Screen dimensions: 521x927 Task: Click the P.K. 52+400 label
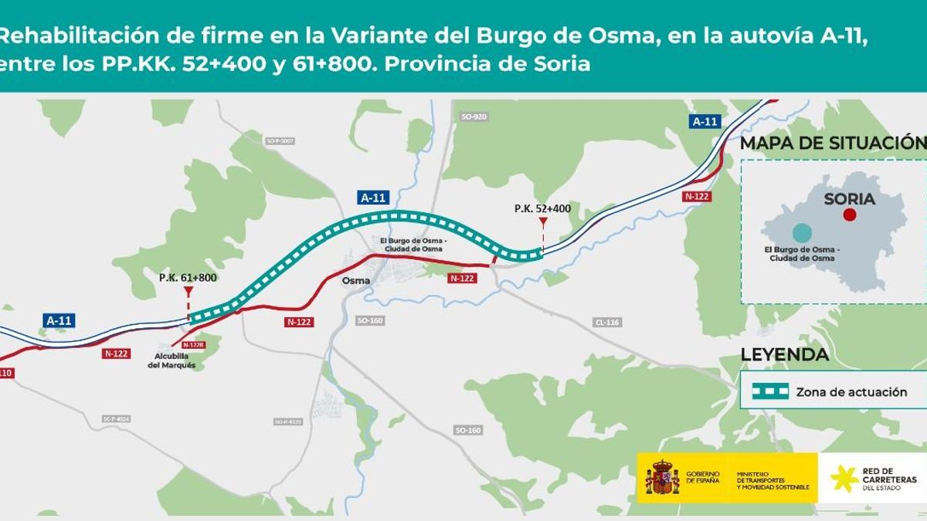542,208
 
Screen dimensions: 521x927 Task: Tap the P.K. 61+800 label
188,278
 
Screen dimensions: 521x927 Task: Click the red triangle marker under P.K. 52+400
543,222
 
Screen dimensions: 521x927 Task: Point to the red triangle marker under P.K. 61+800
188,292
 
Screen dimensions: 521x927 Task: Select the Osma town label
355,281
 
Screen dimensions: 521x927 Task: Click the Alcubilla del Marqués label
171,360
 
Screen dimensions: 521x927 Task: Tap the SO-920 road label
474,117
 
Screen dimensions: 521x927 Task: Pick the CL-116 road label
607,322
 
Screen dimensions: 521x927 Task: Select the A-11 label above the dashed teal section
373,198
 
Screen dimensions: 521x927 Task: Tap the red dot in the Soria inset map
850,215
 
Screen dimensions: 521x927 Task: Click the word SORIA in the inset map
849,199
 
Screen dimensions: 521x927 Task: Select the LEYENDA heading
784,355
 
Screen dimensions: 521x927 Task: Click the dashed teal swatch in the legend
771,391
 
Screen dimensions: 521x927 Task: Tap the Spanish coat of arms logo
662,478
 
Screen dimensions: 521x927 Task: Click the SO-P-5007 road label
280,141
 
